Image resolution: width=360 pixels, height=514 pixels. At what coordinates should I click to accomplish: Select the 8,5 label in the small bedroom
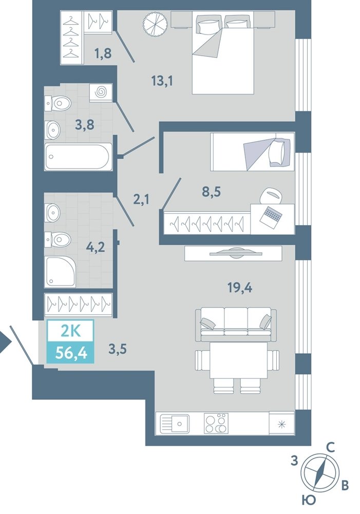pyautogui.click(x=211, y=191)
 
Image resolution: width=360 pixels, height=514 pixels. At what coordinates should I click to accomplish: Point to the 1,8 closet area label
pyautogui.click(x=103, y=52)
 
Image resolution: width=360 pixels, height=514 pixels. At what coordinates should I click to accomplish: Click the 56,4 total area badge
pyautogui.click(x=71, y=353)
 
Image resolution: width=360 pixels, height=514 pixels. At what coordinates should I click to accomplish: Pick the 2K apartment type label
pyautogui.click(x=71, y=333)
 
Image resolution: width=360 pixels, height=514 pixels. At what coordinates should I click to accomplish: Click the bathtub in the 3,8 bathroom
pyautogui.click(x=79, y=157)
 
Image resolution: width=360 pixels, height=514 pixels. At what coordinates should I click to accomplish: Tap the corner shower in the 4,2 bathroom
pyautogui.click(x=60, y=272)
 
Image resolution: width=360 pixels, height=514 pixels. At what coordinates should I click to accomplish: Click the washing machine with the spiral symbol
pyautogui.click(x=101, y=93)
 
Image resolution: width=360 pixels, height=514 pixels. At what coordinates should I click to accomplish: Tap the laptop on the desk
pyautogui.click(x=271, y=215)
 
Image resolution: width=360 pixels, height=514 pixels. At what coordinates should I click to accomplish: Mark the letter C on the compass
pyautogui.click(x=331, y=448)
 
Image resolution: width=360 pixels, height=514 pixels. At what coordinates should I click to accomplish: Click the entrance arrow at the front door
pyautogui.click(x=5, y=343)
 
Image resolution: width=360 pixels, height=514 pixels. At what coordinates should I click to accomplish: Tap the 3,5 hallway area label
pyautogui.click(x=117, y=350)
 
